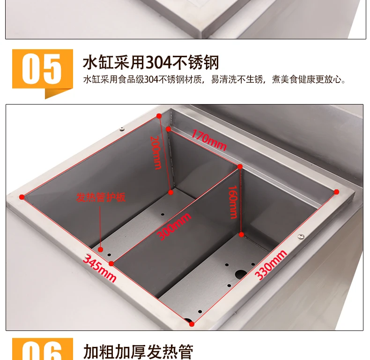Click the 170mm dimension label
(x=209, y=140)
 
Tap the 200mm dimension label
(x=156, y=152)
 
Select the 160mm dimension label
(x=233, y=202)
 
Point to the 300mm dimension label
(x=174, y=226)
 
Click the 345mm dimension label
(x=99, y=268)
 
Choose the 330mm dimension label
(x=271, y=265)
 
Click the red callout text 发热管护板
(x=101, y=197)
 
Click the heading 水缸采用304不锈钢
(x=151, y=62)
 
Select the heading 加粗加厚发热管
(x=138, y=352)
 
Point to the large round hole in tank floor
(x=240, y=275)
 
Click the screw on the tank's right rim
(x=301, y=236)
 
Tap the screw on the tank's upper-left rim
(x=122, y=129)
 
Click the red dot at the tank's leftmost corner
(x=22, y=197)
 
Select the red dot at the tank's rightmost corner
(x=336, y=192)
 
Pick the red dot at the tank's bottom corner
(x=192, y=324)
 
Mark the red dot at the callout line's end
(x=101, y=249)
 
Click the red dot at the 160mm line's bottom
(x=241, y=234)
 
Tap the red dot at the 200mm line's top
(x=159, y=116)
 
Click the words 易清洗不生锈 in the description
(x=237, y=79)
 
